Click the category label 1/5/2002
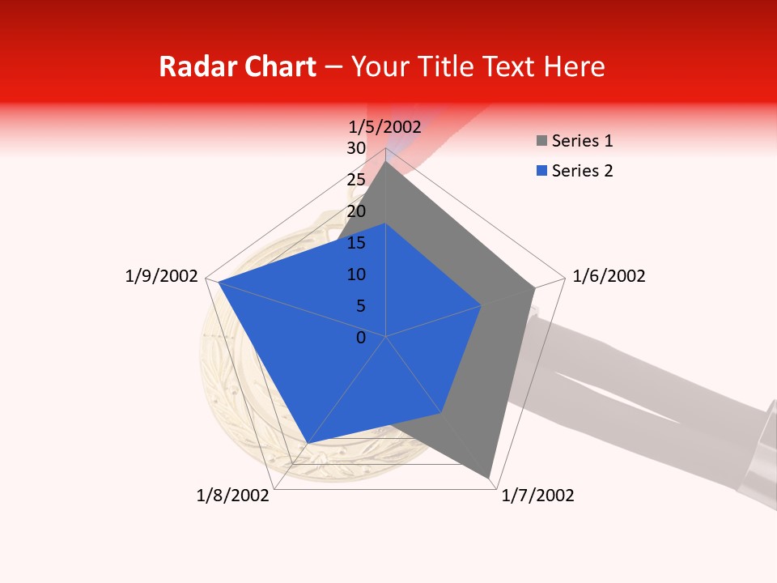(385, 126)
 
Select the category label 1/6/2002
(609, 276)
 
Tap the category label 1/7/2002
(537, 496)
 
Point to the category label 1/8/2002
(232, 496)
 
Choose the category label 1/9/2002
(161, 276)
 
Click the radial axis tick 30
(356, 148)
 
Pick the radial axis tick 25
(356, 180)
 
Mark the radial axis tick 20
(356, 211)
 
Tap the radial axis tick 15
(356, 243)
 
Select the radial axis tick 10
(356, 274)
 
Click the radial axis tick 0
(361, 338)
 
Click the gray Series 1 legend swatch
(541, 142)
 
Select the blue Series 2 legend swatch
(541, 171)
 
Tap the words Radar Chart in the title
(237, 66)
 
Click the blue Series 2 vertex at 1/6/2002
(482, 305)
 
